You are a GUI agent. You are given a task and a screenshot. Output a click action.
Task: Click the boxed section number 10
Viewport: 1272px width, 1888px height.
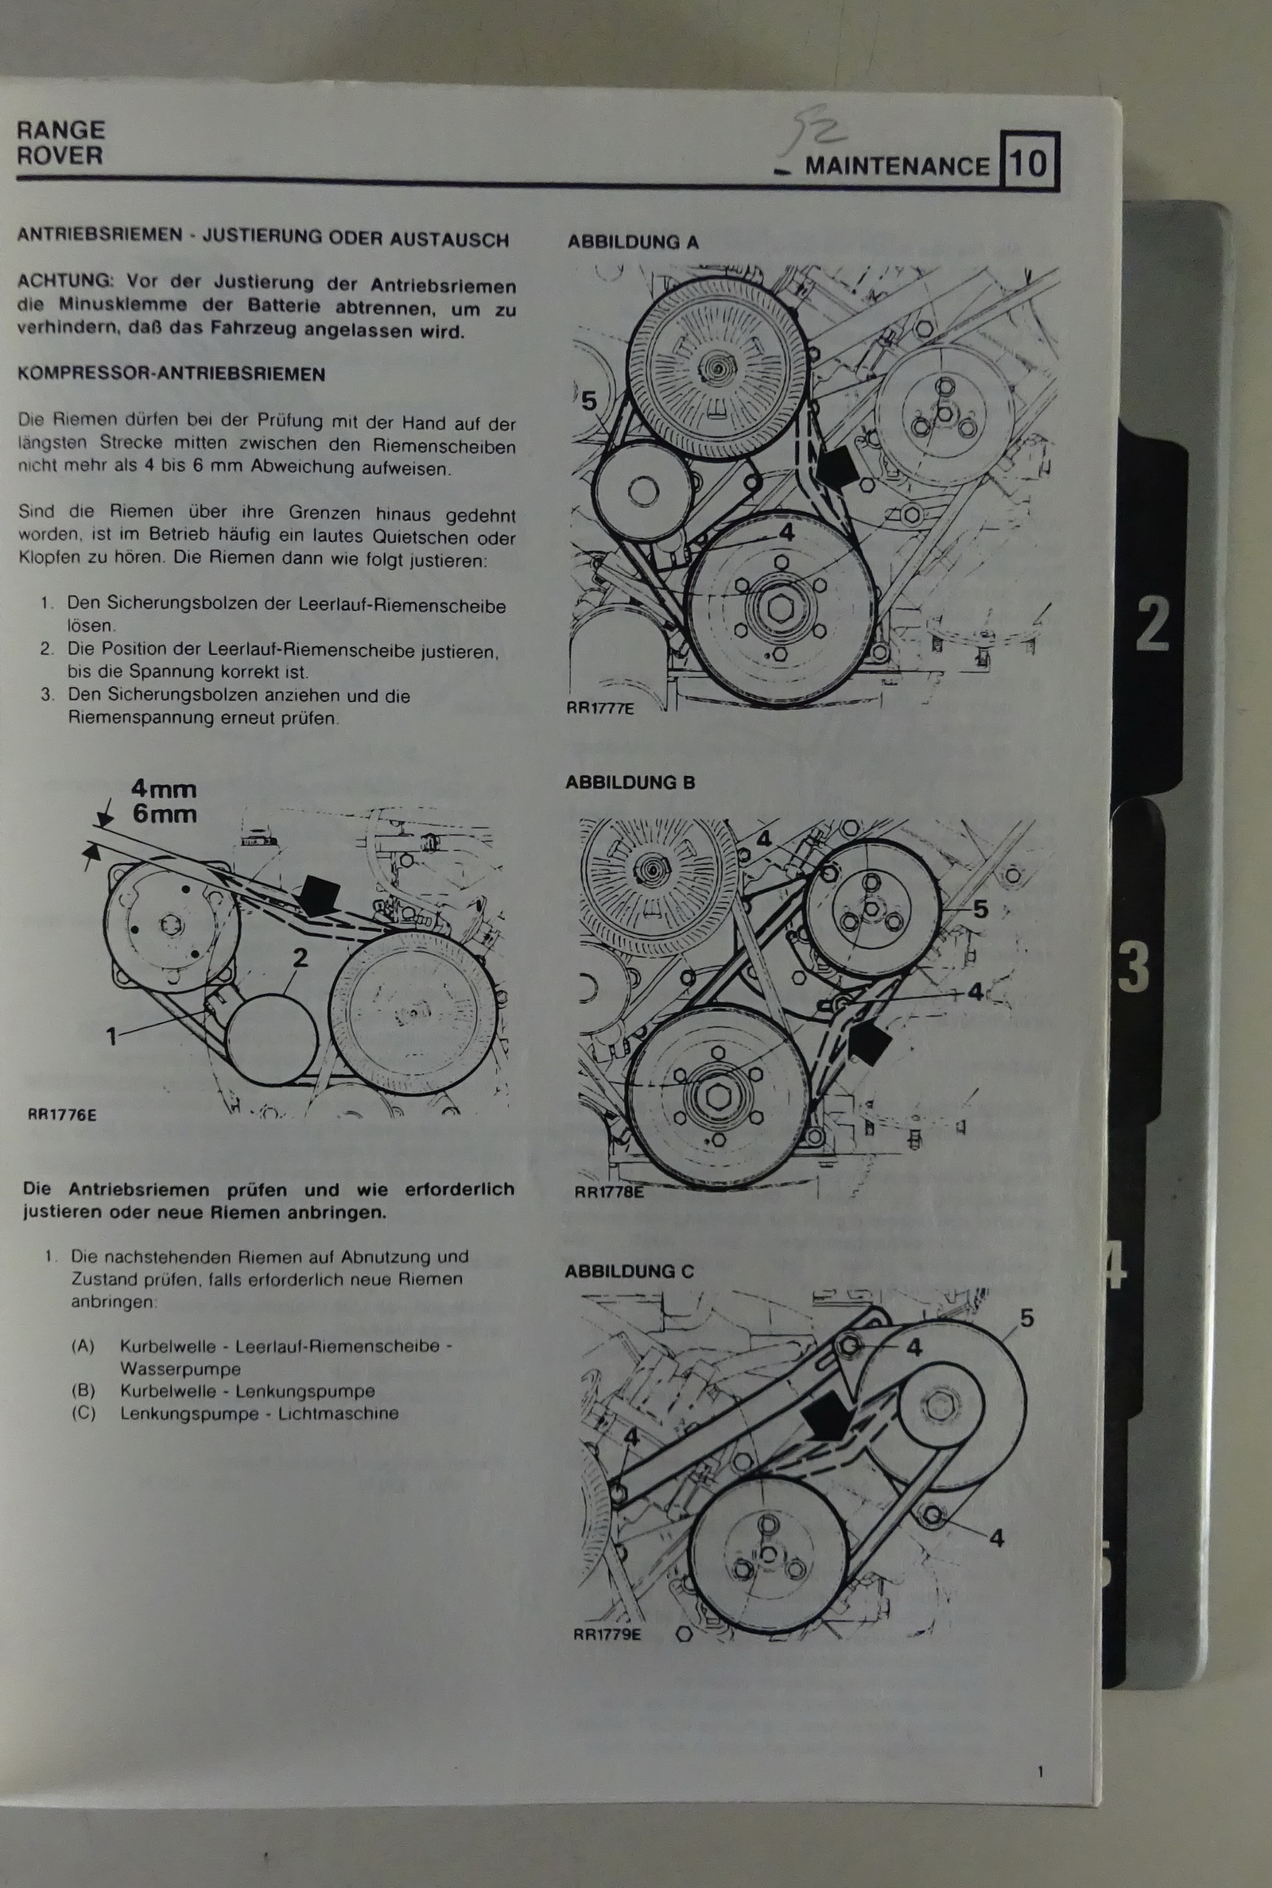point(1029,162)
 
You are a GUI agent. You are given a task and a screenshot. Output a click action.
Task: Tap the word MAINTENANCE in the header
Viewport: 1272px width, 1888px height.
point(897,166)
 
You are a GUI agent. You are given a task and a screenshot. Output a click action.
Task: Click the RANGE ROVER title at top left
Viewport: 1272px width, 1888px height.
point(60,143)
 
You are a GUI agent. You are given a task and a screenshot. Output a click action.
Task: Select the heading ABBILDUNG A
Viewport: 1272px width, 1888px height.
point(633,242)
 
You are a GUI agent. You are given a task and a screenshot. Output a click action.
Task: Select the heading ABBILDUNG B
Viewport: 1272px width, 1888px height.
point(630,782)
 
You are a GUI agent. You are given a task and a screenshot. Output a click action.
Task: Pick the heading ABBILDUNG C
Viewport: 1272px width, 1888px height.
point(630,1271)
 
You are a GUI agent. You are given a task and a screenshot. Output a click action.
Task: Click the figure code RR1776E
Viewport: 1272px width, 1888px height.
point(62,1115)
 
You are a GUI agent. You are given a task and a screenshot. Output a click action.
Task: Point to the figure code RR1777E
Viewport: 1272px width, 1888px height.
point(600,708)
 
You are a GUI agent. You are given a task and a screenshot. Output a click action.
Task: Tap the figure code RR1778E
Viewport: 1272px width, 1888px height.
point(609,1192)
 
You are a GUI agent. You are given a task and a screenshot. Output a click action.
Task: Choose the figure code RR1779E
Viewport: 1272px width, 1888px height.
point(607,1634)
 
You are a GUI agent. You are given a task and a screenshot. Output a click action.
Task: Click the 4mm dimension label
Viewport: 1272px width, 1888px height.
point(164,789)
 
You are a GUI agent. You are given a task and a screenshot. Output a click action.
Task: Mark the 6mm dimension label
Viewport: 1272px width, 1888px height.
point(165,813)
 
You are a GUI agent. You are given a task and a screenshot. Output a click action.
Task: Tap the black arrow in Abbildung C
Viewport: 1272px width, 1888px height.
point(826,1417)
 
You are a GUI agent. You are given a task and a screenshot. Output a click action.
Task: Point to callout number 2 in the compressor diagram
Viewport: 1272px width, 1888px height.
point(301,958)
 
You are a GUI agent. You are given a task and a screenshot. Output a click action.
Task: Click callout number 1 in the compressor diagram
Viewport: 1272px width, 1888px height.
point(112,1035)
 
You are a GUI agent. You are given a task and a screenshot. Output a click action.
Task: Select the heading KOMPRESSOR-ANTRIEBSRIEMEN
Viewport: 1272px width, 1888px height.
point(171,374)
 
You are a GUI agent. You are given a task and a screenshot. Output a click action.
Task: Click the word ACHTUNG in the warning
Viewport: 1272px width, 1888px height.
point(65,281)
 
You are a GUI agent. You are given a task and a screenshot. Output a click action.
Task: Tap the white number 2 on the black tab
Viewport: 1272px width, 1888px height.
point(1152,624)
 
